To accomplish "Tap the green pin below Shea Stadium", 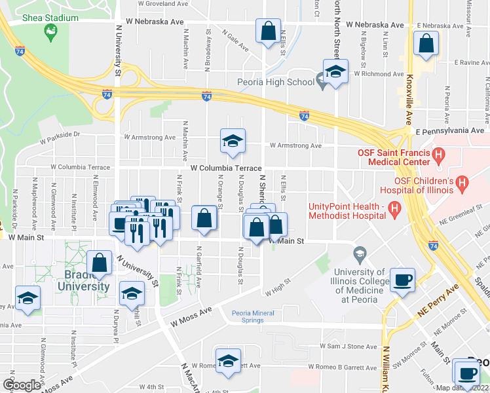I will pyautogui.click(x=50, y=30).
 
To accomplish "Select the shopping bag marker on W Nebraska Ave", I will pyautogui.click(x=268, y=30).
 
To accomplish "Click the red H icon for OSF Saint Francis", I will pyautogui.click(x=439, y=156).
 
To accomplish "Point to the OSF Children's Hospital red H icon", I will pyautogui.click(x=462, y=185).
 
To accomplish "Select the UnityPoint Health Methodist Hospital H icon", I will pyautogui.click(x=394, y=210).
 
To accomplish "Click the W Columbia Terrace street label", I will pyautogui.click(x=226, y=168).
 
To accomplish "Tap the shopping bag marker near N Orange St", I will pyautogui.click(x=204, y=218).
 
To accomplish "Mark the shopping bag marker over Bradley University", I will pyautogui.click(x=100, y=263).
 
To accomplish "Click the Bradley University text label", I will pyautogui.click(x=83, y=281).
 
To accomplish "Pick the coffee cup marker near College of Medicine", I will pyautogui.click(x=402, y=280).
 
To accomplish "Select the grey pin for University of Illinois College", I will pyautogui.click(x=359, y=253).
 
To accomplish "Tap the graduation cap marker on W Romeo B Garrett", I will pyautogui.click(x=228, y=361).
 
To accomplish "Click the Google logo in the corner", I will pyautogui.click(x=21, y=385).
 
